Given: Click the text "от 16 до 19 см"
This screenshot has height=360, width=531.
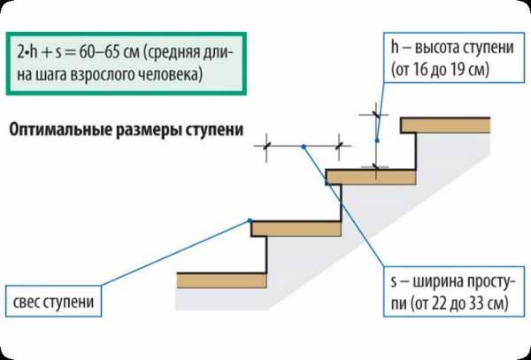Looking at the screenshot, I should click(446, 67).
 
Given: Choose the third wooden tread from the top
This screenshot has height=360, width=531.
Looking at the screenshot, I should click(297, 229).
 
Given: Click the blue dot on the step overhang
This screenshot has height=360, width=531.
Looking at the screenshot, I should click(250, 220).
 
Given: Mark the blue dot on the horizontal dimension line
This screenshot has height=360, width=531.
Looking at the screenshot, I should click(303, 145).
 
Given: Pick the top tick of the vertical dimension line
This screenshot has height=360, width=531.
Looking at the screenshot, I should click(376, 114).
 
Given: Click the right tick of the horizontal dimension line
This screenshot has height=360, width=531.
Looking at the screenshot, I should click(341, 145).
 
